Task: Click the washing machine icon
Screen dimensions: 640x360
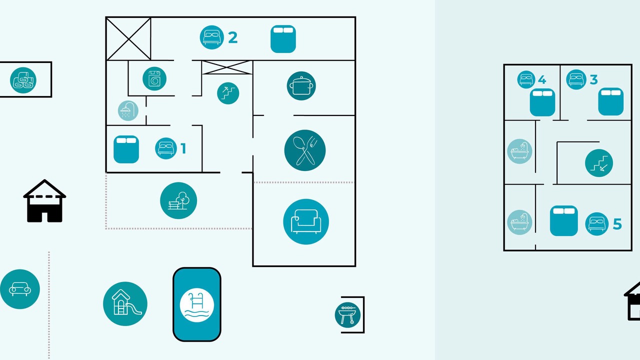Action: point(154,78)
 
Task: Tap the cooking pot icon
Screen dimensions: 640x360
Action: point(301,85)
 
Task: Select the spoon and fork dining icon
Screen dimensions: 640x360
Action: point(305,150)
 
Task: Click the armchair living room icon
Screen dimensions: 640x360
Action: point(306,221)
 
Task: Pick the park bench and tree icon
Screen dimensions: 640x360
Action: point(178,200)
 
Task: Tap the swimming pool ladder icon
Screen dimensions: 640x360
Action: point(197,305)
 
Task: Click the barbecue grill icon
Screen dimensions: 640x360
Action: point(347,315)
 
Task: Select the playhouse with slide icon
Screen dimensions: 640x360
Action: point(125,303)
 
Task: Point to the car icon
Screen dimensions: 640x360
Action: point(19,289)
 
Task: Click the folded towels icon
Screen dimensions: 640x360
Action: point(23,80)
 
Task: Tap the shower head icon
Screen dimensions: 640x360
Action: point(128,110)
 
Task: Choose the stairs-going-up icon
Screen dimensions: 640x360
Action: point(228,93)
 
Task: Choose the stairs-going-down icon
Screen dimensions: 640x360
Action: point(599,163)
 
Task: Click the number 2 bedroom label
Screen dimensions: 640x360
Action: point(233,37)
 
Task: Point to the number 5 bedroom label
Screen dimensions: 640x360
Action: point(617,224)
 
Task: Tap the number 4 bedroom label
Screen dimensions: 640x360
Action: point(542,79)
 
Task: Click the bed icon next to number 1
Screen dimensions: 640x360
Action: point(166,148)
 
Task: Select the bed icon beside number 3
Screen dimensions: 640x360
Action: point(576,79)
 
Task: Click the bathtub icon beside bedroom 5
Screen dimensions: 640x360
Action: point(519,222)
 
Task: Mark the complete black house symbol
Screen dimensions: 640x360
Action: point(44,201)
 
